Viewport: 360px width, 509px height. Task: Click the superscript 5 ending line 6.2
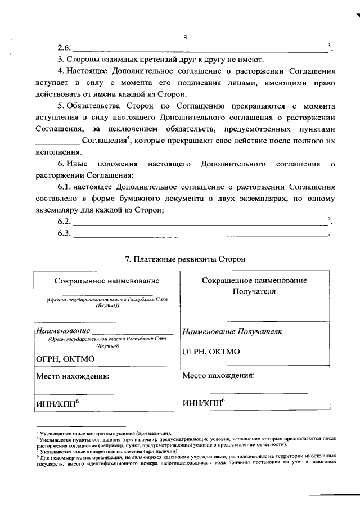328,218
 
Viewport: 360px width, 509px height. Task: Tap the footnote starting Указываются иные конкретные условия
101,430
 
